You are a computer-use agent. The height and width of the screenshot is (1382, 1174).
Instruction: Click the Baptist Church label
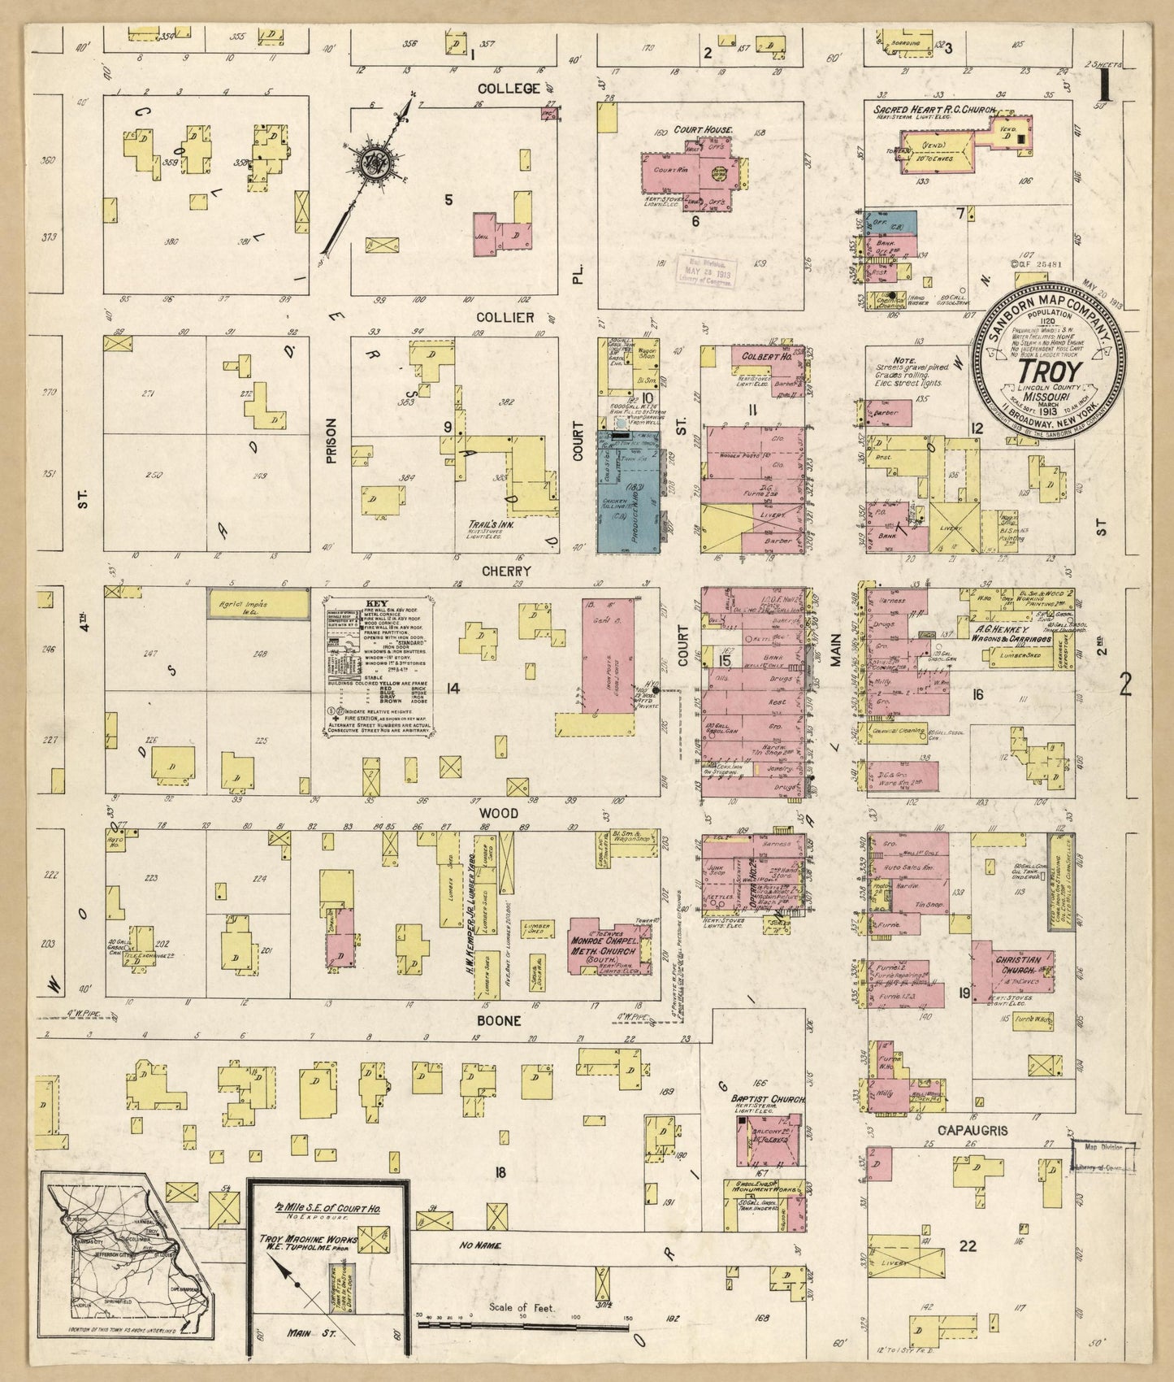768,1099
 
